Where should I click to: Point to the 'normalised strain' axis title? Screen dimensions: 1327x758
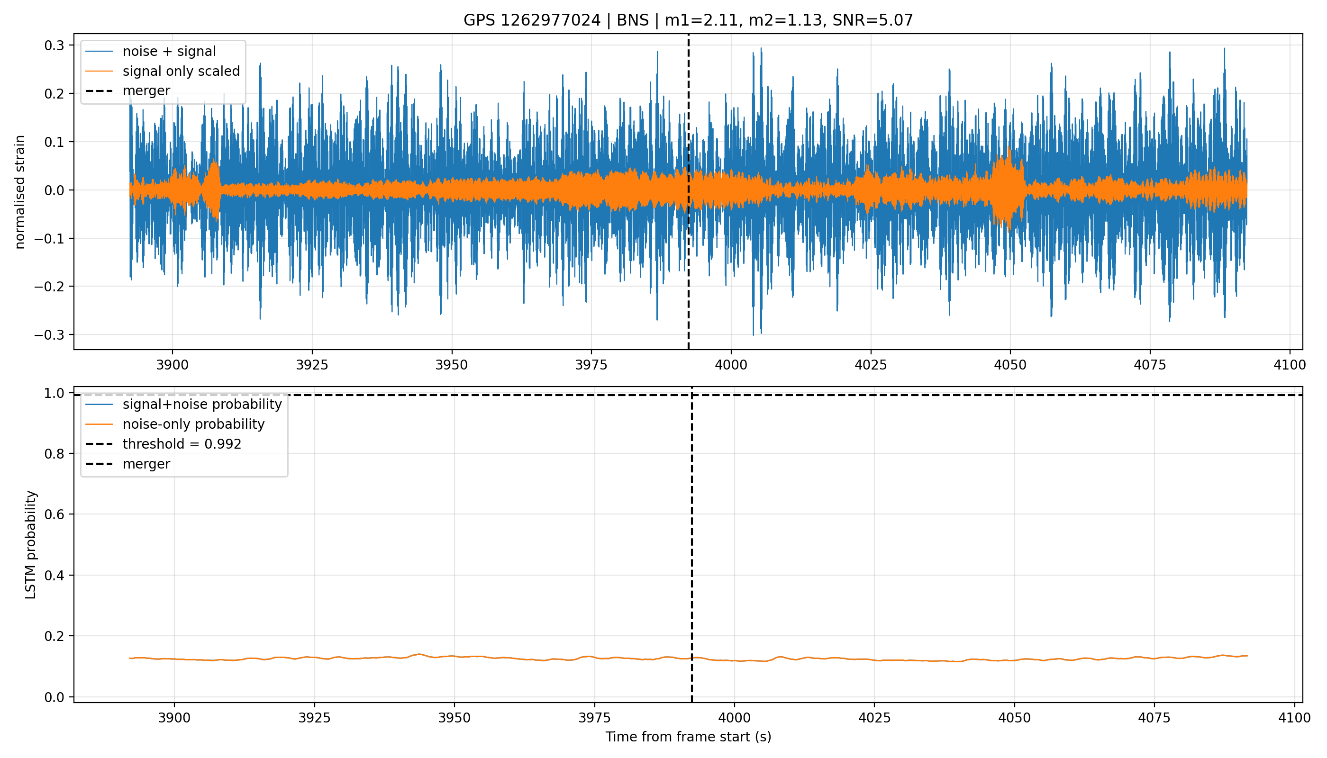pos(20,192)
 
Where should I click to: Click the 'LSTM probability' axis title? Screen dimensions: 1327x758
pos(31,545)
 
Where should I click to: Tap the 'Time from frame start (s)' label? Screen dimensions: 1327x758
pos(688,737)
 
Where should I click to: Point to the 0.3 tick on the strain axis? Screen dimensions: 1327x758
pos(54,46)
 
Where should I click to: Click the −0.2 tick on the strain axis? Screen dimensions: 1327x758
pos(49,286)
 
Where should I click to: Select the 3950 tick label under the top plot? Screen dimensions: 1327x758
pos(452,365)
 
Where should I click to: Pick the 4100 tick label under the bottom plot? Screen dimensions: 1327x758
pos(1295,718)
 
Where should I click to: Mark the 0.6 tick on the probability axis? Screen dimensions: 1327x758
pos(54,514)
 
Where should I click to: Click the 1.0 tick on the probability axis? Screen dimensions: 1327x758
pos(54,393)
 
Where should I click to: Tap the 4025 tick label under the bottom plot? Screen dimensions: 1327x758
pos(874,718)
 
